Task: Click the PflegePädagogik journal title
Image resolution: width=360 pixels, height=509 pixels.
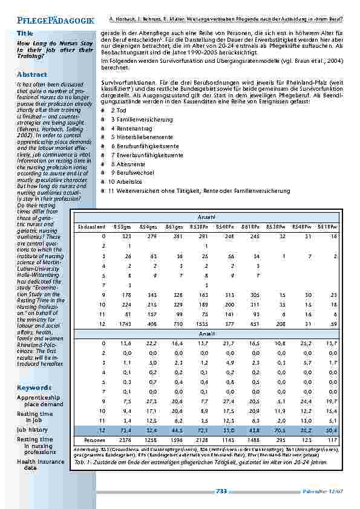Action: (56, 21)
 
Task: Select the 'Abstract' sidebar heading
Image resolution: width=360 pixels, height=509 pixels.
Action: (32, 74)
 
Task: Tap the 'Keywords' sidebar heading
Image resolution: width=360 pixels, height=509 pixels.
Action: (34, 387)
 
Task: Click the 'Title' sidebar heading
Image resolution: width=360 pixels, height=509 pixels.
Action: (25, 33)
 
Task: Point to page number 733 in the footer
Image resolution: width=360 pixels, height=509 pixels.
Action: (221, 491)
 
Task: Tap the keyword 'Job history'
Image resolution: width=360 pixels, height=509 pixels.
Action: (33, 429)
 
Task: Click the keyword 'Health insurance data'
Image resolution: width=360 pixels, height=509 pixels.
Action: (41, 464)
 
